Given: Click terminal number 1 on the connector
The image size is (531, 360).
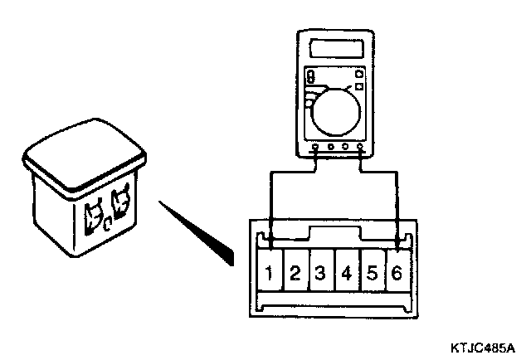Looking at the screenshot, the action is pyautogui.click(x=270, y=273).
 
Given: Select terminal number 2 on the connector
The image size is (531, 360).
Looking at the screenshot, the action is pyautogui.click(x=295, y=273).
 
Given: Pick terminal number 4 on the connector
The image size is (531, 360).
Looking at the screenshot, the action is pyautogui.click(x=345, y=273).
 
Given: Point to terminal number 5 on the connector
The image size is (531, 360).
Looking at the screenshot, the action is pyautogui.click(x=372, y=273).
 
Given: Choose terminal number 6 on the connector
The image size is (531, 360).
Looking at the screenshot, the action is pyautogui.click(x=397, y=273).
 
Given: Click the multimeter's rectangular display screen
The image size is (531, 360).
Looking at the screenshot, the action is pyautogui.click(x=335, y=46).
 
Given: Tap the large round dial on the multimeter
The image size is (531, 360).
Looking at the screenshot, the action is pyautogui.click(x=335, y=111).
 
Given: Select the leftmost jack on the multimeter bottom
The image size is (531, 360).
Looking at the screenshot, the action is pyautogui.click(x=316, y=149).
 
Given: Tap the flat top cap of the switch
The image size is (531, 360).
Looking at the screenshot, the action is pyautogui.click(x=85, y=152).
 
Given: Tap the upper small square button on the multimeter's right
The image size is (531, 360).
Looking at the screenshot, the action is pyautogui.click(x=360, y=72).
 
